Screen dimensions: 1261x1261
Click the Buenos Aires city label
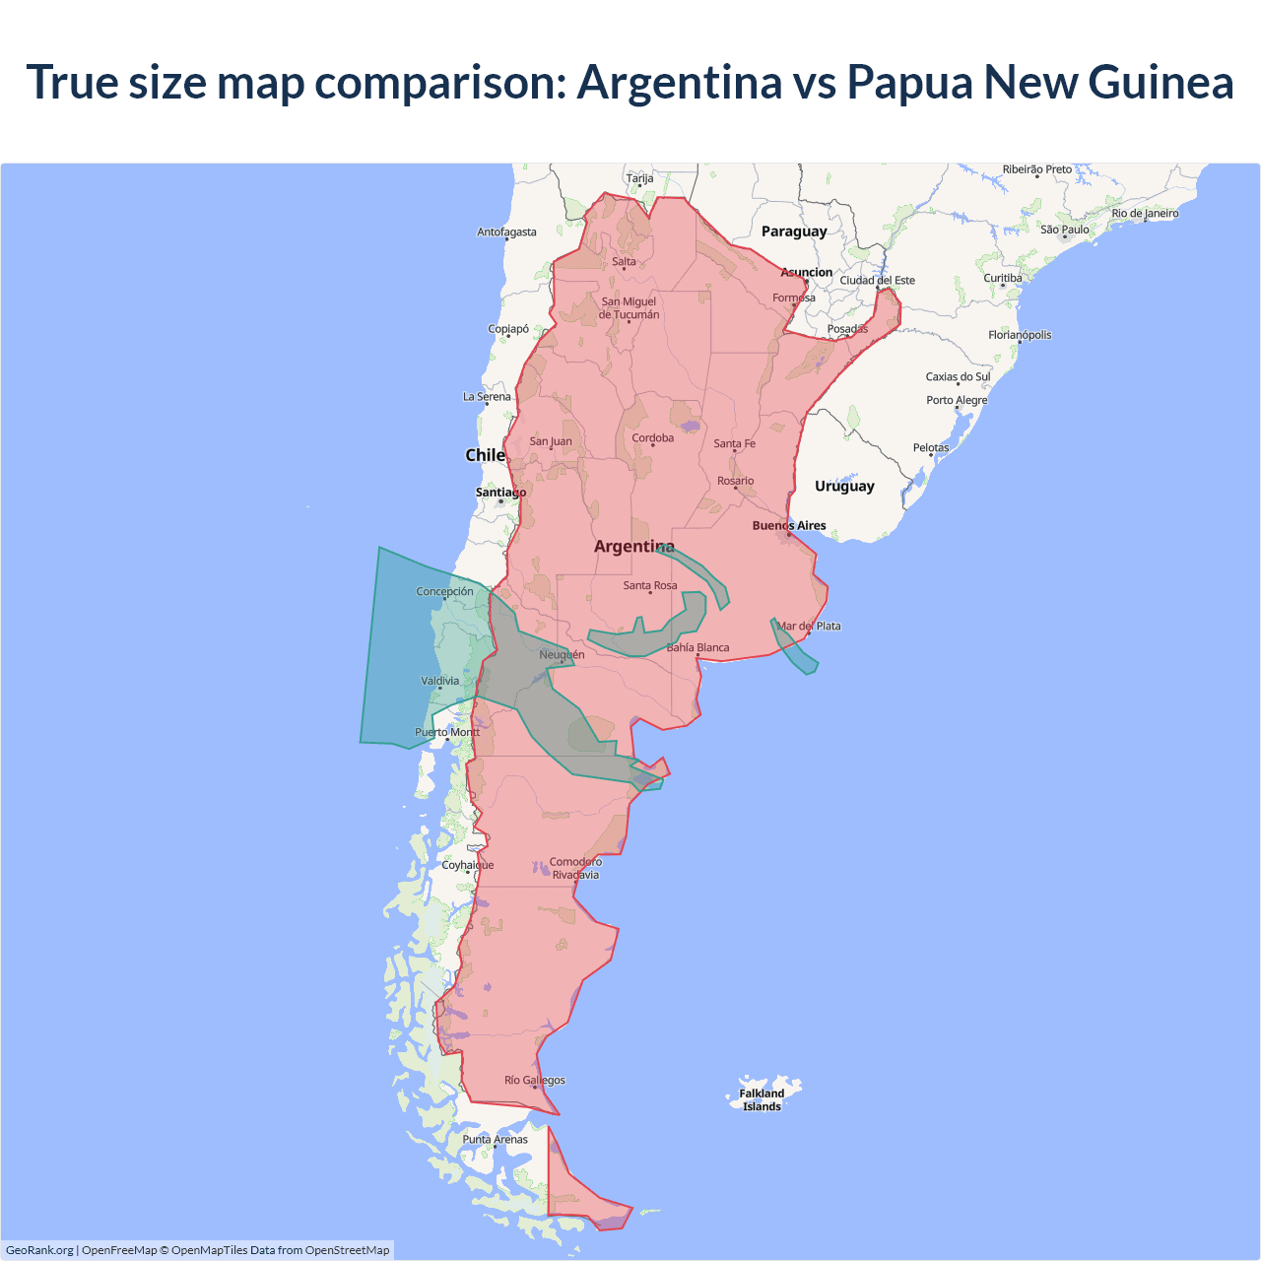[x=789, y=525]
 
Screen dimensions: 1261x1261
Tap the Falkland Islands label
[x=762, y=1099]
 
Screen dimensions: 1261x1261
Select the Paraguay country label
[x=794, y=232]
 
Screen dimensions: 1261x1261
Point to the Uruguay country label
[x=844, y=486]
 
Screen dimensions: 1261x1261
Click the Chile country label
[x=485, y=455]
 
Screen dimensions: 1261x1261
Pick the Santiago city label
[x=500, y=492]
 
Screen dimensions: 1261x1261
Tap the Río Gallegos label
[x=535, y=1080]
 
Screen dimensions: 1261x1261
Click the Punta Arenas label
[x=495, y=1139]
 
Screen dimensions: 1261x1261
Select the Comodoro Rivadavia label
[x=575, y=868]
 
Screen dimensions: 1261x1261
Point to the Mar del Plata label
[x=809, y=626]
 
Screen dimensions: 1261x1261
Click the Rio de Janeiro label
[x=1145, y=213]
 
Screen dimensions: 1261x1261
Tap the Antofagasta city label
[x=506, y=232]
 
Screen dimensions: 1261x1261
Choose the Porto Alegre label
[x=956, y=400]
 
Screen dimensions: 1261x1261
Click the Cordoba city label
[x=652, y=437]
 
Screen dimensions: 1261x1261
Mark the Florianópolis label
[x=1020, y=335]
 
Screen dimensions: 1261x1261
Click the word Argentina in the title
[x=679, y=82]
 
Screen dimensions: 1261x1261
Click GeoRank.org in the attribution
[x=39, y=1250]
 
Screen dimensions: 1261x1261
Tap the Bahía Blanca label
[x=697, y=647]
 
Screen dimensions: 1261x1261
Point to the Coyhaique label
[x=468, y=865]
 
